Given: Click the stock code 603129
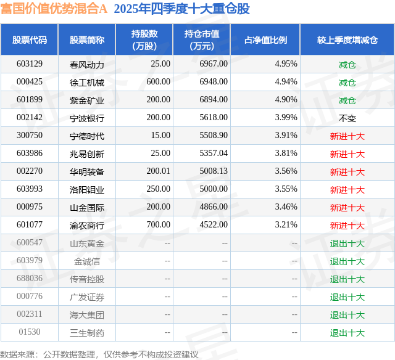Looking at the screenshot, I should [30, 64].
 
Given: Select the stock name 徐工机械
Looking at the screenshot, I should [87, 82].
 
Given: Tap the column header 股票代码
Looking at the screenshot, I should [30, 40].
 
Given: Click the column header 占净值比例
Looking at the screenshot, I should [270, 40].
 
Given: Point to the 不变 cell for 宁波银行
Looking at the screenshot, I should [347, 118].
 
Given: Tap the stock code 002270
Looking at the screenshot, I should [30, 171].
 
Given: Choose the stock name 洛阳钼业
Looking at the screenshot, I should [87, 189].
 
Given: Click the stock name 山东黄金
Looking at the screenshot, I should [87, 243].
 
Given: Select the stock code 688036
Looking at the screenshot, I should [30, 279].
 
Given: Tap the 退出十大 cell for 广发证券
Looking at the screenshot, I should [347, 297].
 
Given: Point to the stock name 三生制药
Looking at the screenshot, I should [87, 333].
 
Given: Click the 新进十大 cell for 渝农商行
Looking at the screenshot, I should [347, 226].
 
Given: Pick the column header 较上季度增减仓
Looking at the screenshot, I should [347, 40].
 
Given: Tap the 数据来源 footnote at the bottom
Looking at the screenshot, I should [99, 354].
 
